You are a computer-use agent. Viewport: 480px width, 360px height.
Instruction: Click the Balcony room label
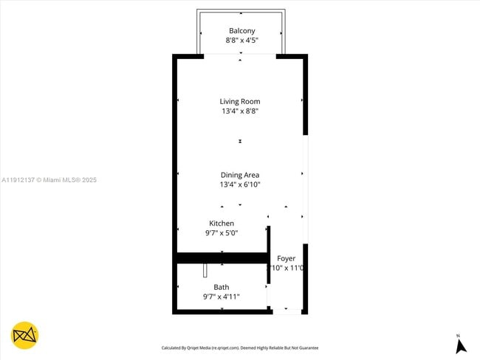pos(241,30)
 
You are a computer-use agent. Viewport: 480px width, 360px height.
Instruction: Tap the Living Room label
pos(240,101)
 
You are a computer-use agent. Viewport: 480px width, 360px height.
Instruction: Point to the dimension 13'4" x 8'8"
pos(240,111)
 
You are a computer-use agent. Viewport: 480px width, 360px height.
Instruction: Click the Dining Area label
pos(240,175)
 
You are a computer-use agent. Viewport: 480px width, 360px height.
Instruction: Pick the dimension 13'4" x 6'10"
pos(240,184)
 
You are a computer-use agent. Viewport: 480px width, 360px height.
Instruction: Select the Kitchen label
pos(222,223)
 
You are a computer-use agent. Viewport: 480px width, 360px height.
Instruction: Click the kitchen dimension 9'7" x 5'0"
pos(222,232)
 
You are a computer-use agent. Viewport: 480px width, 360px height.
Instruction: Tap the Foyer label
pos(286,258)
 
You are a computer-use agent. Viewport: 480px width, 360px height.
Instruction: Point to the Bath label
pos(222,287)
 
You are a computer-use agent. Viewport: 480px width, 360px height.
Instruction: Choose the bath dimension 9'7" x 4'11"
pos(222,297)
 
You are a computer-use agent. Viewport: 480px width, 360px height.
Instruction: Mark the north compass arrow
pos(459,345)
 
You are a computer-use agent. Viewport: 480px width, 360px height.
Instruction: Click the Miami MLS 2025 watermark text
pos(49,180)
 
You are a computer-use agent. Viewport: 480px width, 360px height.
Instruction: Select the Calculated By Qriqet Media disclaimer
pos(240,347)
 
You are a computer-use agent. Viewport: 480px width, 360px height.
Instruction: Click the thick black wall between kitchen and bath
pos(222,257)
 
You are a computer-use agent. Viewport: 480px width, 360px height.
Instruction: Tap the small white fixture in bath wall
pos(205,270)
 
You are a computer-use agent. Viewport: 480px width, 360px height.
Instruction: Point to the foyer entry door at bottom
pos(287,311)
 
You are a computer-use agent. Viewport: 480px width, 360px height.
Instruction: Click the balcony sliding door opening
pos(240,55)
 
